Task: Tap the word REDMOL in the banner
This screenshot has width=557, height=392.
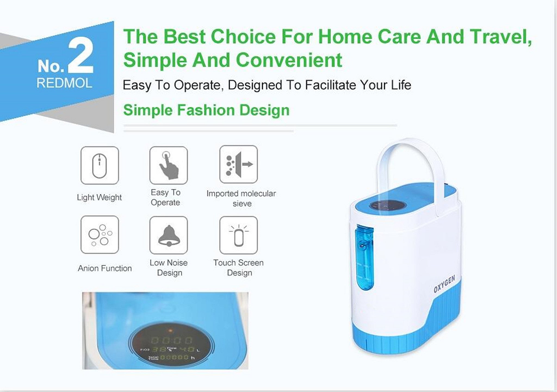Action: pos(64,83)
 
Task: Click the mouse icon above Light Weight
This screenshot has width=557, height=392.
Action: pos(100,165)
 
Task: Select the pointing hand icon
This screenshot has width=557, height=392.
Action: pos(168,165)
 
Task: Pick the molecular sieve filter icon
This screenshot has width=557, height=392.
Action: pos(239,164)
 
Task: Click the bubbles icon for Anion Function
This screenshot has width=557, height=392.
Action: pos(100,235)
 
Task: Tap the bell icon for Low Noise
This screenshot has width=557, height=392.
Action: pos(168,235)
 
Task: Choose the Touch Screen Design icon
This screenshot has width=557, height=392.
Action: pos(239,235)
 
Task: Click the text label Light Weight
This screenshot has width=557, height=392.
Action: pos(99,197)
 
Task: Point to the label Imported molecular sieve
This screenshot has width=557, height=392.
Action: pos(241,198)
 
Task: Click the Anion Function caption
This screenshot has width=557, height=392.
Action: pos(105,268)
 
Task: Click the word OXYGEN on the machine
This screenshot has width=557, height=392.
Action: pos(444,284)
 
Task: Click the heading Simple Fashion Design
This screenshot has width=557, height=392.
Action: pos(206,110)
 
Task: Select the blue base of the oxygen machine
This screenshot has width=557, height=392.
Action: pos(408,334)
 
